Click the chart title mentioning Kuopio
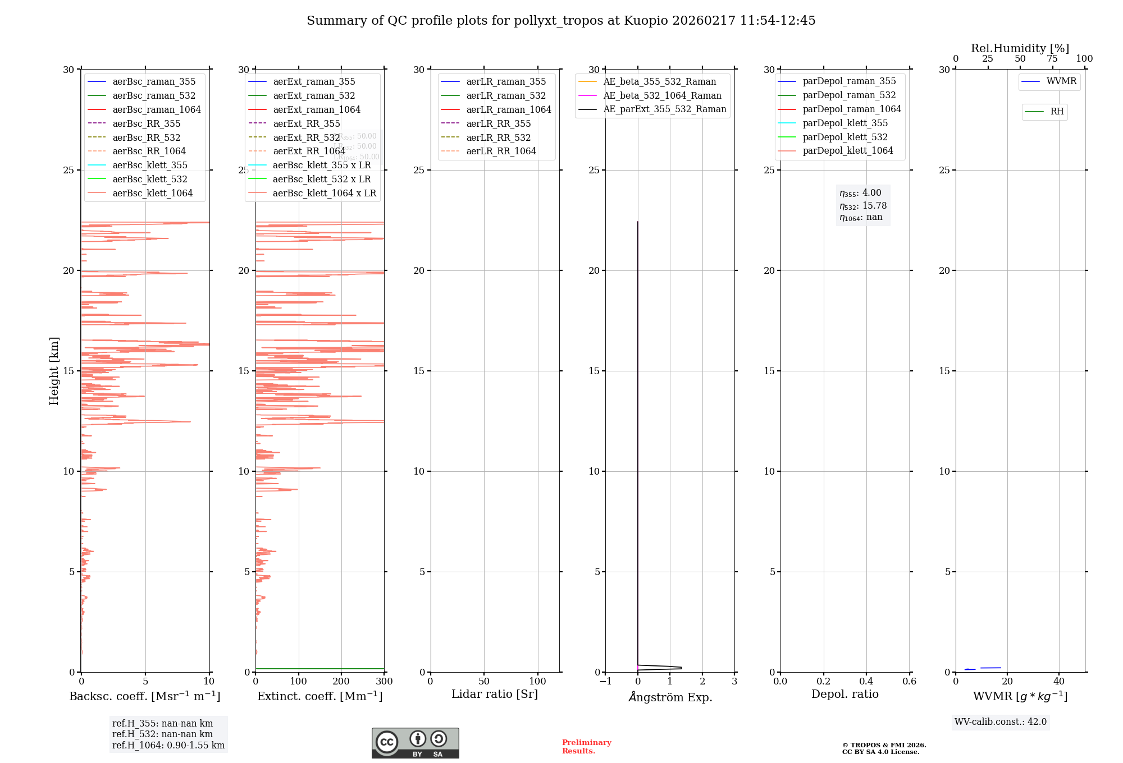(561, 21)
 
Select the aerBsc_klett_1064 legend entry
(152, 193)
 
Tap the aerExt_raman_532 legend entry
(314, 95)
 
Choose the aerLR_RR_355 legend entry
(498, 123)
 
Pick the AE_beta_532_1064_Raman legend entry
(662, 95)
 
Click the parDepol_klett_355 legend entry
(845, 123)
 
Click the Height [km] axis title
(54, 371)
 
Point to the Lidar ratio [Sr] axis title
(495, 694)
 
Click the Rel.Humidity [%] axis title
(1020, 48)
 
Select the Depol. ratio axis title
(844, 694)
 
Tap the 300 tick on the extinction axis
(384, 682)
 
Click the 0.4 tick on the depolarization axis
(866, 682)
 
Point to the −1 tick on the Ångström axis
(605, 682)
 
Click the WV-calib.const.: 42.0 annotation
(1001, 721)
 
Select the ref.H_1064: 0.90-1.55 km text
(168, 746)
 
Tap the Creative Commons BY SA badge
(415, 743)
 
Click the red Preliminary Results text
(586, 747)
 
